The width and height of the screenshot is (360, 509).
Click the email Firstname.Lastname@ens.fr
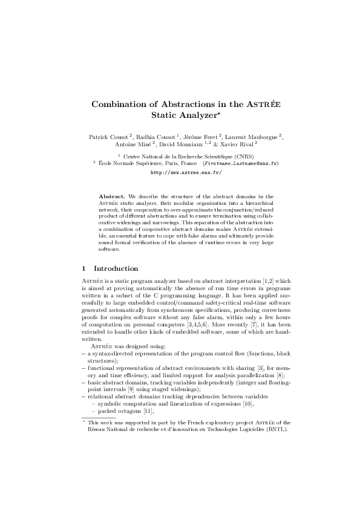(x=241, y=163)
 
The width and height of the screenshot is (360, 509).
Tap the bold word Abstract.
(x=112, y=196)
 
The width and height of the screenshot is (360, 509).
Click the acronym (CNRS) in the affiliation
(x=242, y=156)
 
